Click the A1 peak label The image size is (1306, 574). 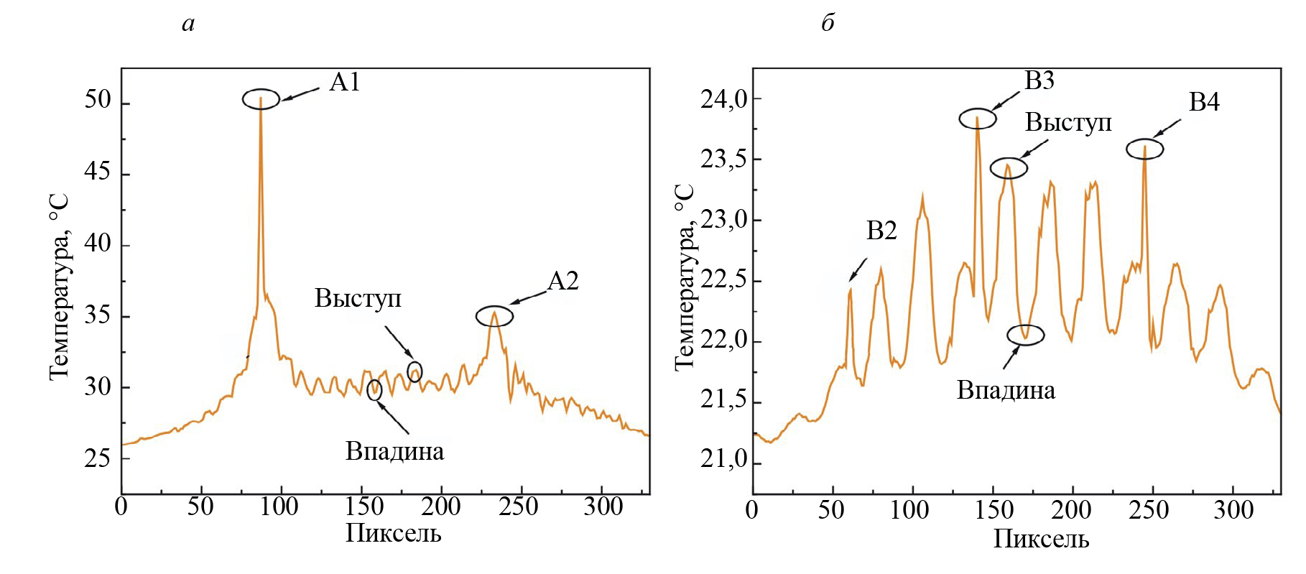click(x=344, y=83)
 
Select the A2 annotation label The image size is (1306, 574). click(x=562, y=281)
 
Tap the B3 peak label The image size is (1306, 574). click(x=1039, y=80)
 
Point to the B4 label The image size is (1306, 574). click(x=1204, y=103)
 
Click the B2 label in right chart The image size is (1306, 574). click(x=881, y=231)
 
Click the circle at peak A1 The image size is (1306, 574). click(x=261, y=99)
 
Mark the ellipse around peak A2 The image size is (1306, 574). click(x=495, y=315)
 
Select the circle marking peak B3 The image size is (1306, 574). click(x=978, y=119)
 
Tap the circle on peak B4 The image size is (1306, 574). click(x=1144, y=149)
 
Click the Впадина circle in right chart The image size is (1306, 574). click(x=1026, y=334)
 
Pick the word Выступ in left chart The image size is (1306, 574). click(x=358, y=298)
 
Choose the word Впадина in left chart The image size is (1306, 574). click(x=394, y=451)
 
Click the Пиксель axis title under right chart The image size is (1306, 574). click(x=1041, y=539)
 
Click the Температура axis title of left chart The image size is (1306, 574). click(x=60, y=287)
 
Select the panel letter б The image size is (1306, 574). click(x=828, y=24)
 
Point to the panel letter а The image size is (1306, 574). click(x=188, y=24)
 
